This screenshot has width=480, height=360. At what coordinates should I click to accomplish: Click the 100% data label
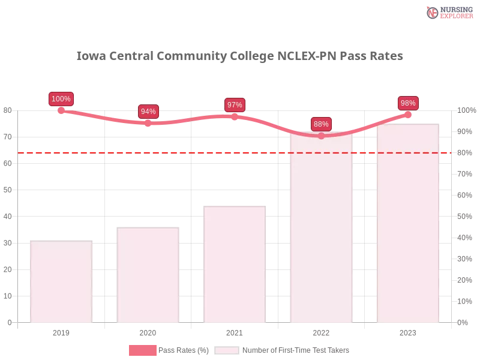click(61, 99)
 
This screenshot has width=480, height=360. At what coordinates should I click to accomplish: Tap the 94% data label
click(148, 112)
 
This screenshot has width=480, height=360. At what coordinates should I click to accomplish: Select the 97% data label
click(235, 105)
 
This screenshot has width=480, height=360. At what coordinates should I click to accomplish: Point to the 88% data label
click(321, 124)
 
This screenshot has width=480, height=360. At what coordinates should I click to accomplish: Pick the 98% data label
click(408, 103)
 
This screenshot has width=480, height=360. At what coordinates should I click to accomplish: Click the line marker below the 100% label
click(61, 110)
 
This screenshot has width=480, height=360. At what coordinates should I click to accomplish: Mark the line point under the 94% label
click(148, 123)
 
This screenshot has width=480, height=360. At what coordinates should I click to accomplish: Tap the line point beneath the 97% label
click(235, 116)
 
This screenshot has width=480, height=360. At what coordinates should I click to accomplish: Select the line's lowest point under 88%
click(321, 136)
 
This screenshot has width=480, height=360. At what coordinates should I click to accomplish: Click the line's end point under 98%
click(408, 114)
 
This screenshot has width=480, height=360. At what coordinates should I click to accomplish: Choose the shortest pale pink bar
click(62, 282)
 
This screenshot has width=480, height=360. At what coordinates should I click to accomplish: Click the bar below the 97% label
click(235, 264)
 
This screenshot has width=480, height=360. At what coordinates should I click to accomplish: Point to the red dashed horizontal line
click(198, 152)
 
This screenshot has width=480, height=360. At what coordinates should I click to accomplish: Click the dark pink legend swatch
click(142, 350)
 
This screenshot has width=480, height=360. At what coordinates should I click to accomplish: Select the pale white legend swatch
click(227, 350)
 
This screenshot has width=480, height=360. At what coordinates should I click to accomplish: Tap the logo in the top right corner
click(448, 12)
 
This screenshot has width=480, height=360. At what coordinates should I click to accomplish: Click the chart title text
click(240, 57)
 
